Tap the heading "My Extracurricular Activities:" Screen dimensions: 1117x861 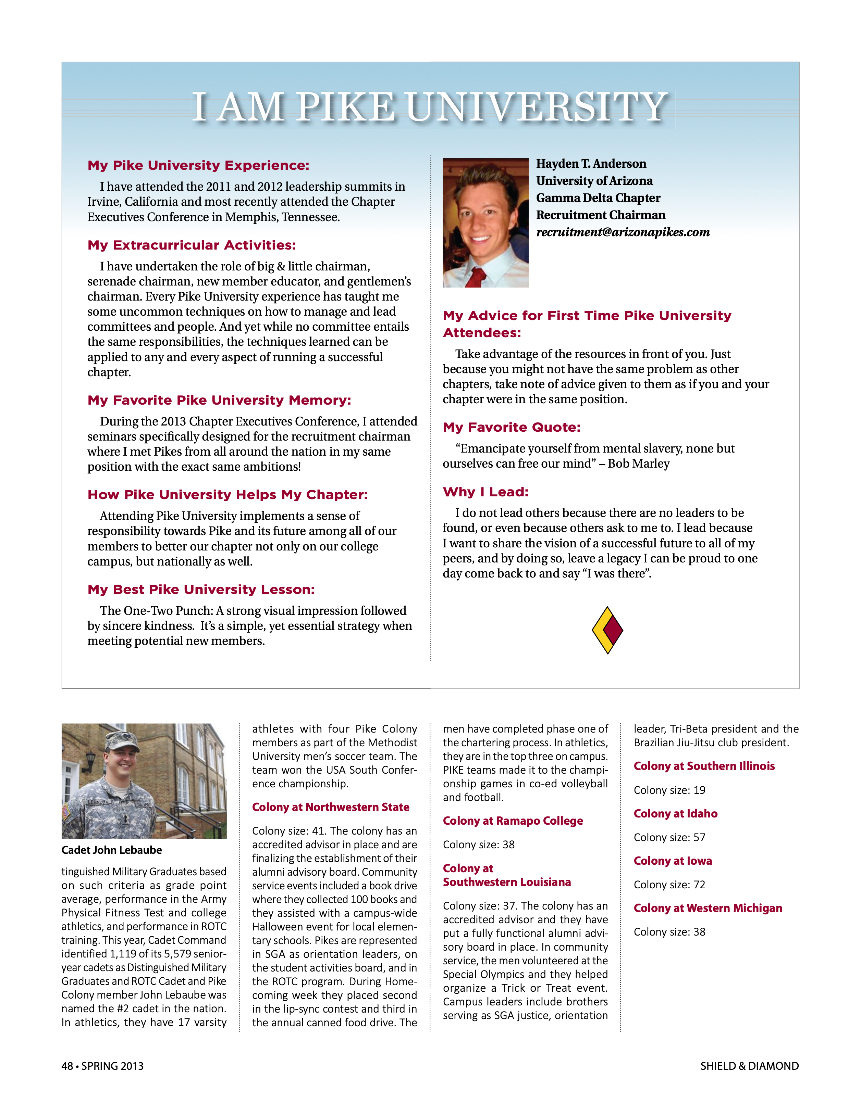coord(192,245)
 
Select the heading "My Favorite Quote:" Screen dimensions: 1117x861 coord(512,428)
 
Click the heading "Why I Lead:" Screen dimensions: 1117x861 coord(485,492)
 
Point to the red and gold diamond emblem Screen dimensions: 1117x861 coord(607,630)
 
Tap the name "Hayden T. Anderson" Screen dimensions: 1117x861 coord(591,164)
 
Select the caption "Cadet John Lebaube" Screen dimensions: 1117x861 coord(112,850)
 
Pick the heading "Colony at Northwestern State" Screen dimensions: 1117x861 coord(330,807)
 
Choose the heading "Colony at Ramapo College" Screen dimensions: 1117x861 coord(513,821)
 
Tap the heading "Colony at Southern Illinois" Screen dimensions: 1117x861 coord(704,766)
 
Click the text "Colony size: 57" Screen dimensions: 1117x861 coord(669,837)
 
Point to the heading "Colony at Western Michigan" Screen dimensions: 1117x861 coord(708,908)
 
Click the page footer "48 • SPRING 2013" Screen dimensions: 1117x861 coord(102,1066)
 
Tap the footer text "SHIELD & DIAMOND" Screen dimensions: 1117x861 coord(749,1066)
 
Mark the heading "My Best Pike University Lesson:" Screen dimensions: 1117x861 coord(201,590)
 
